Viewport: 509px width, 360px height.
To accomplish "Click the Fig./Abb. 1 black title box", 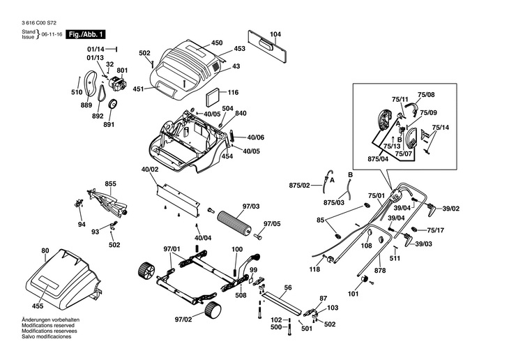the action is [x=86, y=34].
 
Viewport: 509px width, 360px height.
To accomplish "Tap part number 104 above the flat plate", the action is [x=275, y=34].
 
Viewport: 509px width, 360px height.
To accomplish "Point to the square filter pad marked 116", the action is [x=213, y=96].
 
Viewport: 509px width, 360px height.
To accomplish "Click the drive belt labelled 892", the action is [x=102, y=96].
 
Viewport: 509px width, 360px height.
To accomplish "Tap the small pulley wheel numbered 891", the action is [x=113, y=104].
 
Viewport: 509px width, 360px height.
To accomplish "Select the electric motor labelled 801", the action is [x=117, y=84].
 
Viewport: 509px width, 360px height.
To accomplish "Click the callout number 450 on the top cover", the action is [x=217, y=43].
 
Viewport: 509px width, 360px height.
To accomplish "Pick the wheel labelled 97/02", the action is [x=213, y=310].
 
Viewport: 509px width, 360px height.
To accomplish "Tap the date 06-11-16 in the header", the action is [x=52, y=34].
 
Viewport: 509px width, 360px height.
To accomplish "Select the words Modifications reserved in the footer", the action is [x=48, y=325].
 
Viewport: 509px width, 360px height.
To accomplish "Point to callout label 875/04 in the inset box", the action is [x=378, y=159].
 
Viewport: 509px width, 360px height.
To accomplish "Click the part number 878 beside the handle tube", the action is [x=380, y=270].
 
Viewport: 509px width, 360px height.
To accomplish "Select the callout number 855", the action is [x=110, y=183].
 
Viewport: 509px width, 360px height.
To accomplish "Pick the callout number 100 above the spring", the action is [x=237, y=249].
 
